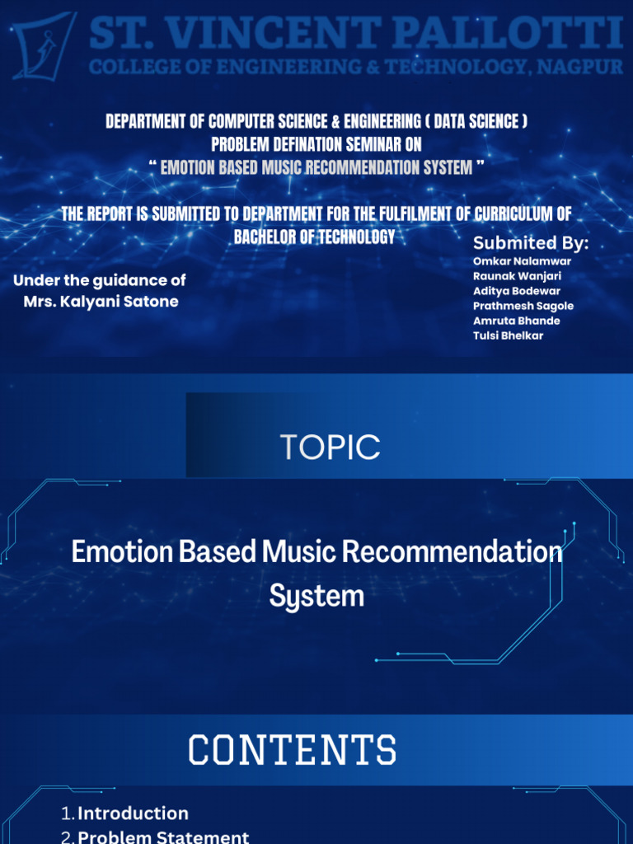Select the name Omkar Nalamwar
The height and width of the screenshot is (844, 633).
coord(522,261)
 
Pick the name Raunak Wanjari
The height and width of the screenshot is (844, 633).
coord(517,276)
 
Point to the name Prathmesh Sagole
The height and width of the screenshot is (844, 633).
coord(523,306)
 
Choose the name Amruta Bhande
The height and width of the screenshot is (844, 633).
coord(517,321)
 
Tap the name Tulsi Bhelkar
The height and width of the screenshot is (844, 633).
coord(508,335)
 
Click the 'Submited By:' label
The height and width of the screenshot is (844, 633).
coord(531,243)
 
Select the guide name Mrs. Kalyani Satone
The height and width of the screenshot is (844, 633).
coord(101,302)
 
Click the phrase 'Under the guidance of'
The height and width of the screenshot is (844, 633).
coord(99,280)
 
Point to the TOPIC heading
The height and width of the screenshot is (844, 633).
coord(330,447)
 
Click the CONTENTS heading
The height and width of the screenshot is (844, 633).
coord(293,750)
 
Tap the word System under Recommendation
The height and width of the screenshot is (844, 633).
coord(316,595)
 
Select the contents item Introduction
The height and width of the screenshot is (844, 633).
coord(133,814)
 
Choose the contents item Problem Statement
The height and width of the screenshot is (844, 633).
coord(163,837)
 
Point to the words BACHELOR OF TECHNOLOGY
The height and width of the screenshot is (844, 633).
coord(314,237)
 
